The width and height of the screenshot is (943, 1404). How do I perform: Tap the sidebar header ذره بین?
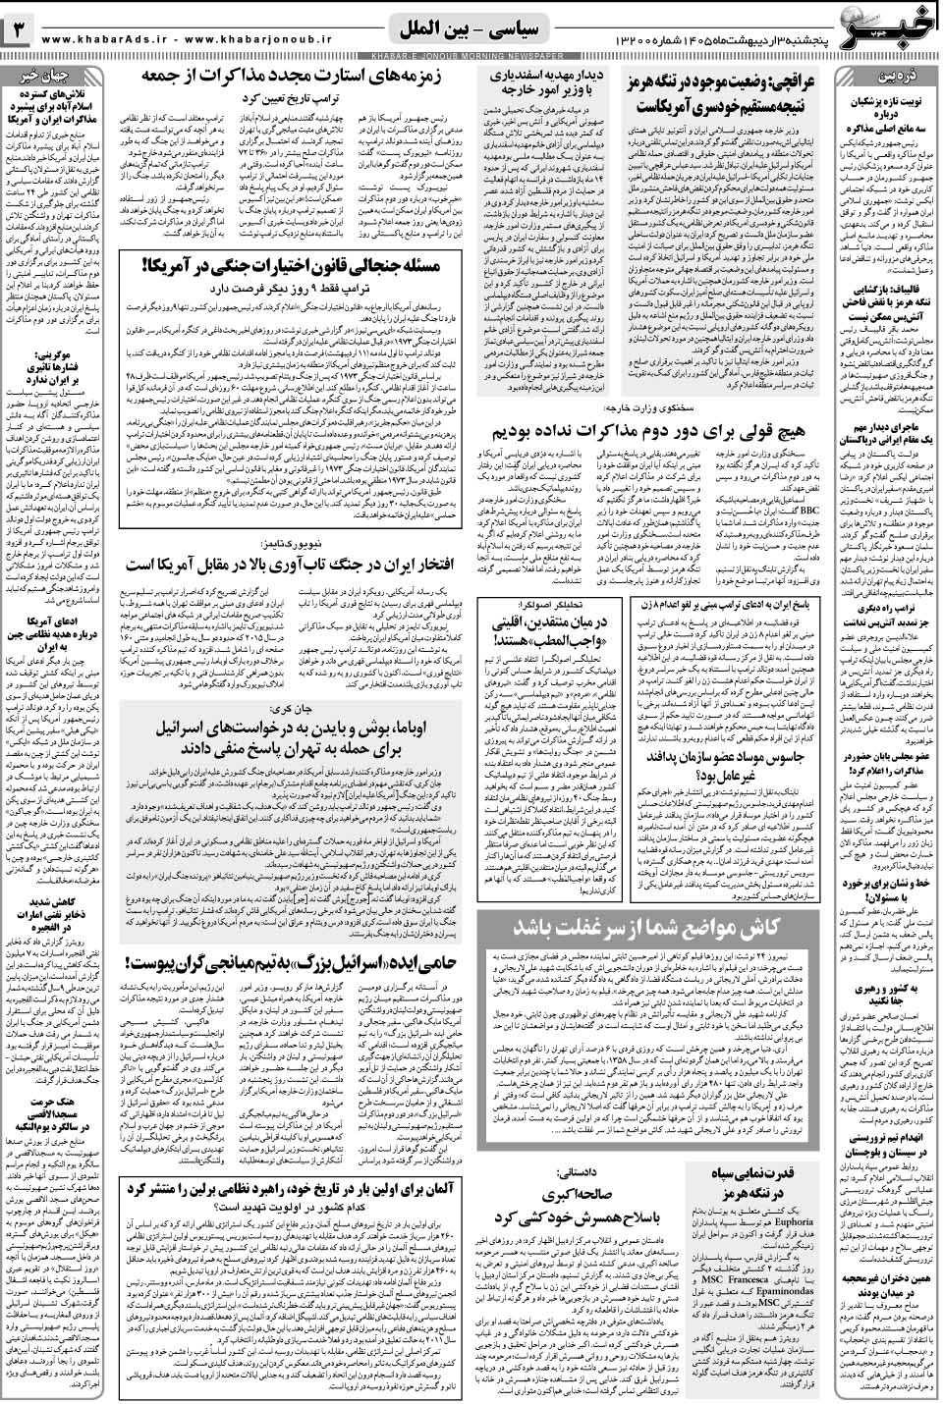884,76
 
